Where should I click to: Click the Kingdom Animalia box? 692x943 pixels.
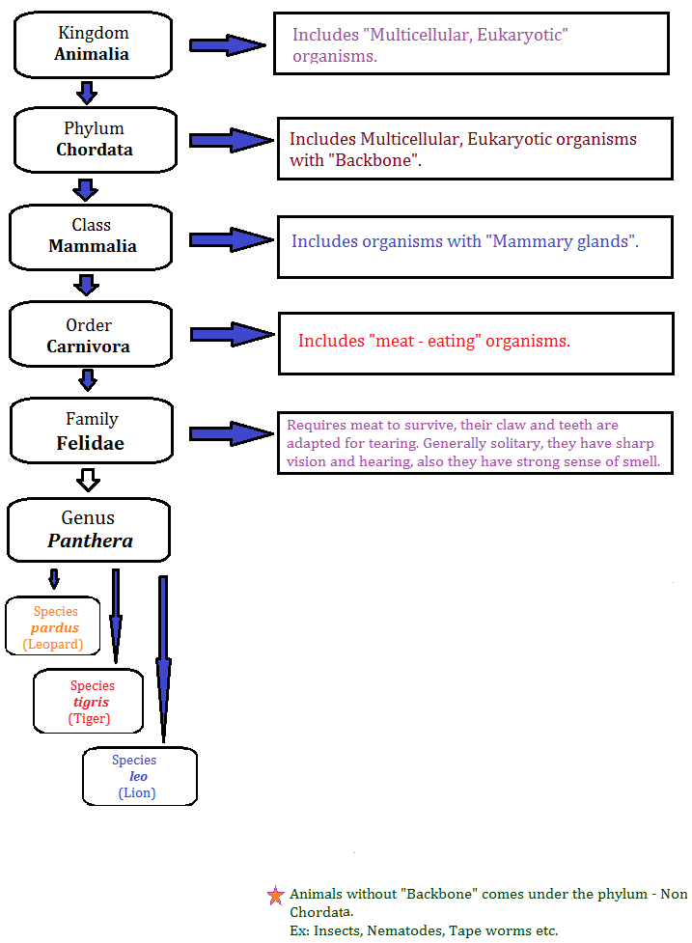[x=92, y=43]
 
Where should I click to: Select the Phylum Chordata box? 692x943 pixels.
[x=95, y=139]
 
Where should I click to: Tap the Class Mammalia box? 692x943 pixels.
[x=92, y=236]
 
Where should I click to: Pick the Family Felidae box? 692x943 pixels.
[x=92, y=430]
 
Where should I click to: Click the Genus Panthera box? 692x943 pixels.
[x=90, y=530]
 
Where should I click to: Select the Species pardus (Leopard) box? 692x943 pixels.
[x=54, y=626]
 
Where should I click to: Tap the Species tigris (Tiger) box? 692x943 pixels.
[x=89, y=702]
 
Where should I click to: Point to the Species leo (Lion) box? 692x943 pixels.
[x=139, y=776]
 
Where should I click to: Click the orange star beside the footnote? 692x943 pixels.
[x=276, y=896]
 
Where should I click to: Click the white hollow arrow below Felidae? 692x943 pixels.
[x=89, y=479]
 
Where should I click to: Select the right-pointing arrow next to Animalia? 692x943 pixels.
[x=227, y=44]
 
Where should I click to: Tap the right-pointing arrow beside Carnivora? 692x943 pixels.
[x=232, y=335]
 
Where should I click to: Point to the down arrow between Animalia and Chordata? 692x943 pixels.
[x=87, y=93]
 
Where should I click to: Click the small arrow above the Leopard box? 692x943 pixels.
[x=54, y=579]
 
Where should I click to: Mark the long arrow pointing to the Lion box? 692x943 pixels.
[x=163, y=656]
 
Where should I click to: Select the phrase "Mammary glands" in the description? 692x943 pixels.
[x=564, y=241]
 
